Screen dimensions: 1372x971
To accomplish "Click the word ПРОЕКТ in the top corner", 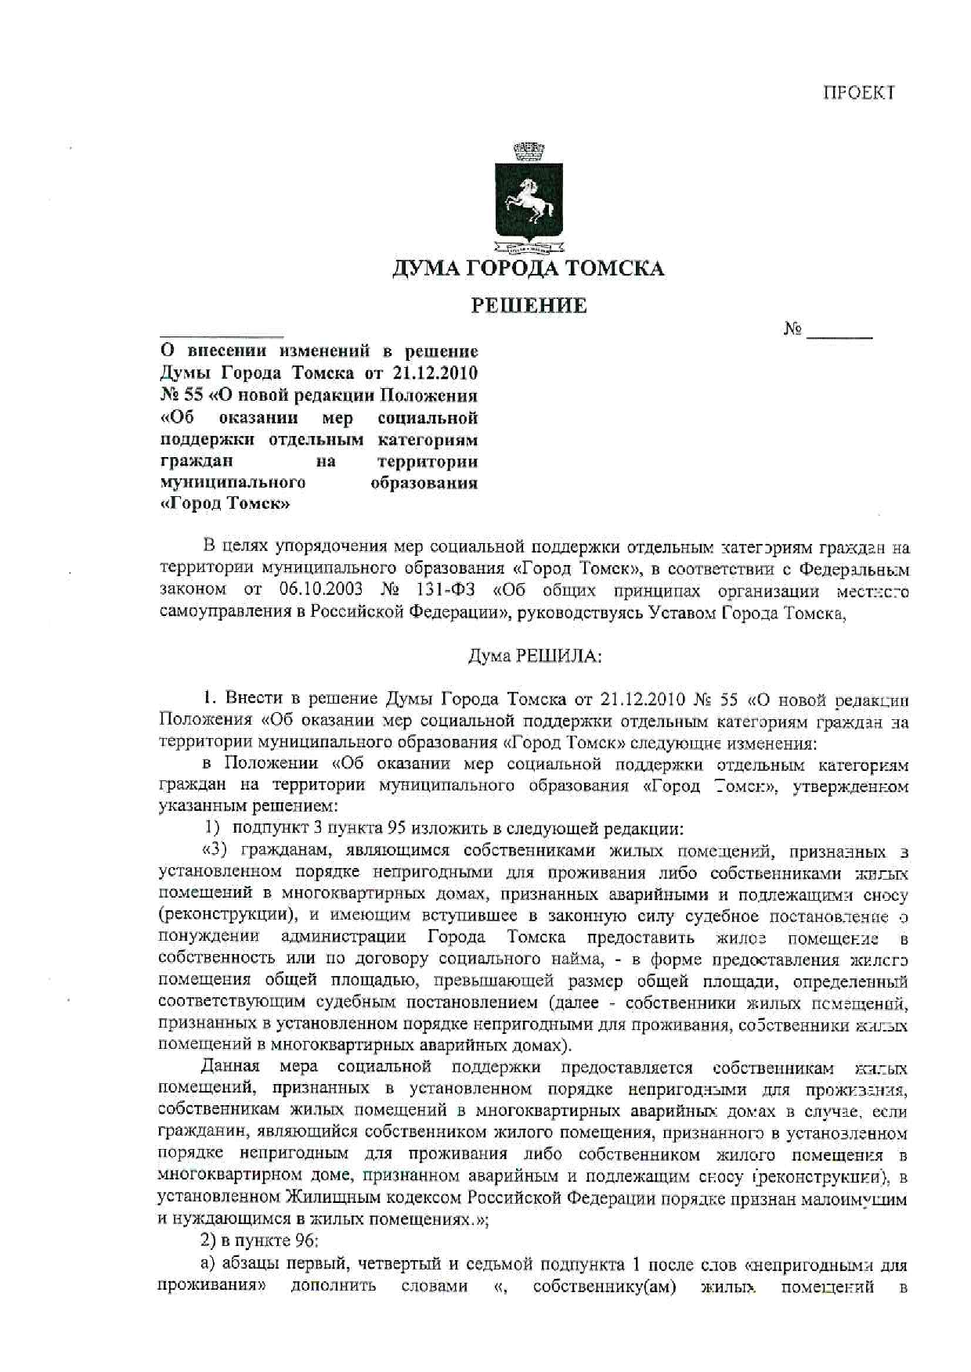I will (x=857, y=93).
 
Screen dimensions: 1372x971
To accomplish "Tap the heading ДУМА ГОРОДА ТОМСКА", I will (x=529, y=269).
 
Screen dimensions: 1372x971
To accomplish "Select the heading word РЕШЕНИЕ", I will (x=529, y=306).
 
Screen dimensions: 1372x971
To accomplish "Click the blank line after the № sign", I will (x=839, y=333).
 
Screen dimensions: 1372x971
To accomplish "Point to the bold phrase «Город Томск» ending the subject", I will (x=225, y=504).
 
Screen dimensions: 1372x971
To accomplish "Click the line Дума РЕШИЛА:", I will (x=535, y=657).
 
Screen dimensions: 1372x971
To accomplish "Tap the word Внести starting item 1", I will (x=253, y=699).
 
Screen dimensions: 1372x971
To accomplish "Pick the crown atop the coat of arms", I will (x=529, y=149).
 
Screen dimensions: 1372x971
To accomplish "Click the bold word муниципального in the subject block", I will (x=233, y=482).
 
